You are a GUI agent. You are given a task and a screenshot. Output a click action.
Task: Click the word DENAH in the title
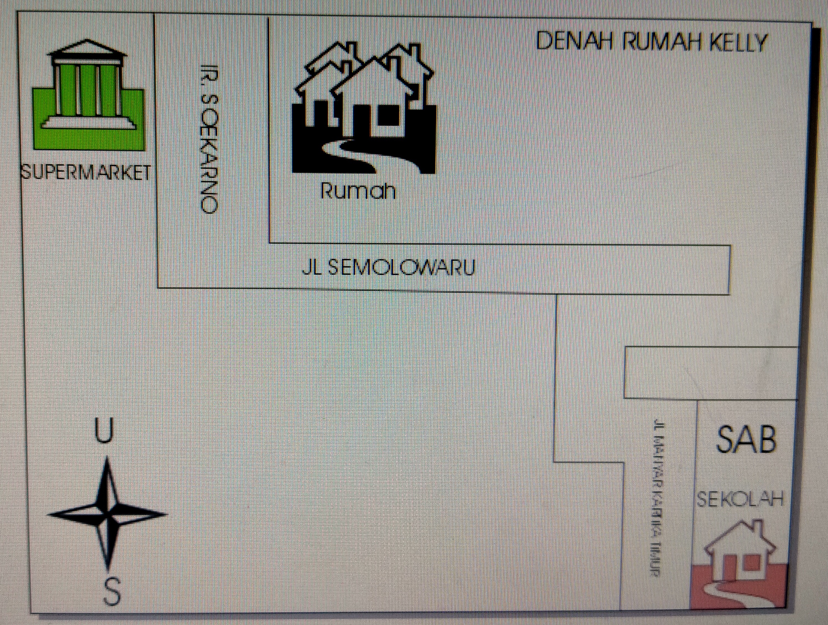(574, 41)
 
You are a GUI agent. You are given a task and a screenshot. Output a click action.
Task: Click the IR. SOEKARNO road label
(208, 138)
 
